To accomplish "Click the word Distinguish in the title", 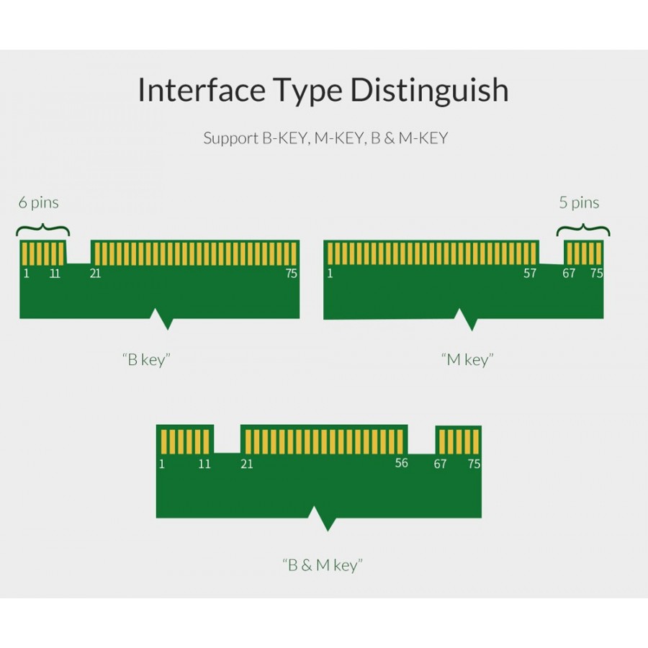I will click(430, 91).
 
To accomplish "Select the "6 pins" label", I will click(39, 203).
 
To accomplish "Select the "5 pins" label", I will click(579, 203).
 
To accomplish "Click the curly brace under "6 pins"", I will click(42, 230).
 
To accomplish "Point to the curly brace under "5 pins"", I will click(582, 230).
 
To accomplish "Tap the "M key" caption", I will click(467, 359).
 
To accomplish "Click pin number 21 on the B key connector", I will click(95, 274).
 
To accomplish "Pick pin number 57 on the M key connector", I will click(530, 274).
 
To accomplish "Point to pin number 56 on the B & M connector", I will click(402, 463).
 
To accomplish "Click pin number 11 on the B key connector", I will click(55, 274).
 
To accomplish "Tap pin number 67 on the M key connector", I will click(569, 274).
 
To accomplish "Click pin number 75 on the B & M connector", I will click(474, 464).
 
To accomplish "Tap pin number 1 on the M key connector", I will click(330, 274).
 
